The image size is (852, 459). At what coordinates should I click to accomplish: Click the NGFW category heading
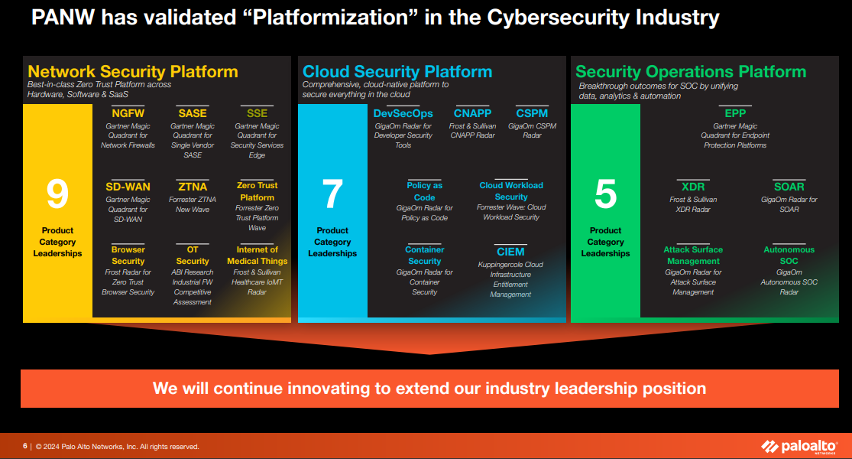point(128,113)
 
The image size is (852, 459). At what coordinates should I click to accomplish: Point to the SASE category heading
point(193,113)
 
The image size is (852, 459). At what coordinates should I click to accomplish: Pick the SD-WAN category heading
point(128,187)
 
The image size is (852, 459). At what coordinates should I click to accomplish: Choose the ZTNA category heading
point(193,187)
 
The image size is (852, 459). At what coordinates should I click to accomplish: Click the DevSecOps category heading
point(403,113)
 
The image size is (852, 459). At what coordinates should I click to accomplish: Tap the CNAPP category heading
point(472,113)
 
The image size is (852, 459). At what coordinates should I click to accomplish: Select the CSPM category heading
point(532,113)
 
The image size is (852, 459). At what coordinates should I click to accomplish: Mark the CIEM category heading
point(510,252)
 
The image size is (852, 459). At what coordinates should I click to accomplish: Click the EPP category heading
point(735,113)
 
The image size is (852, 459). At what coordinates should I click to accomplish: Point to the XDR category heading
point(693,187)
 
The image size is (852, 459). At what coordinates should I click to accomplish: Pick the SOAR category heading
point(789,187)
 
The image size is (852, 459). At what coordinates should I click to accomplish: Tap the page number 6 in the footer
point(25,447)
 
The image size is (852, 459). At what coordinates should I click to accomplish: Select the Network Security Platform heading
point(133,72)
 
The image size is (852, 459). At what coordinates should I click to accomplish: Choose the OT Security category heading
point(193,256)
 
